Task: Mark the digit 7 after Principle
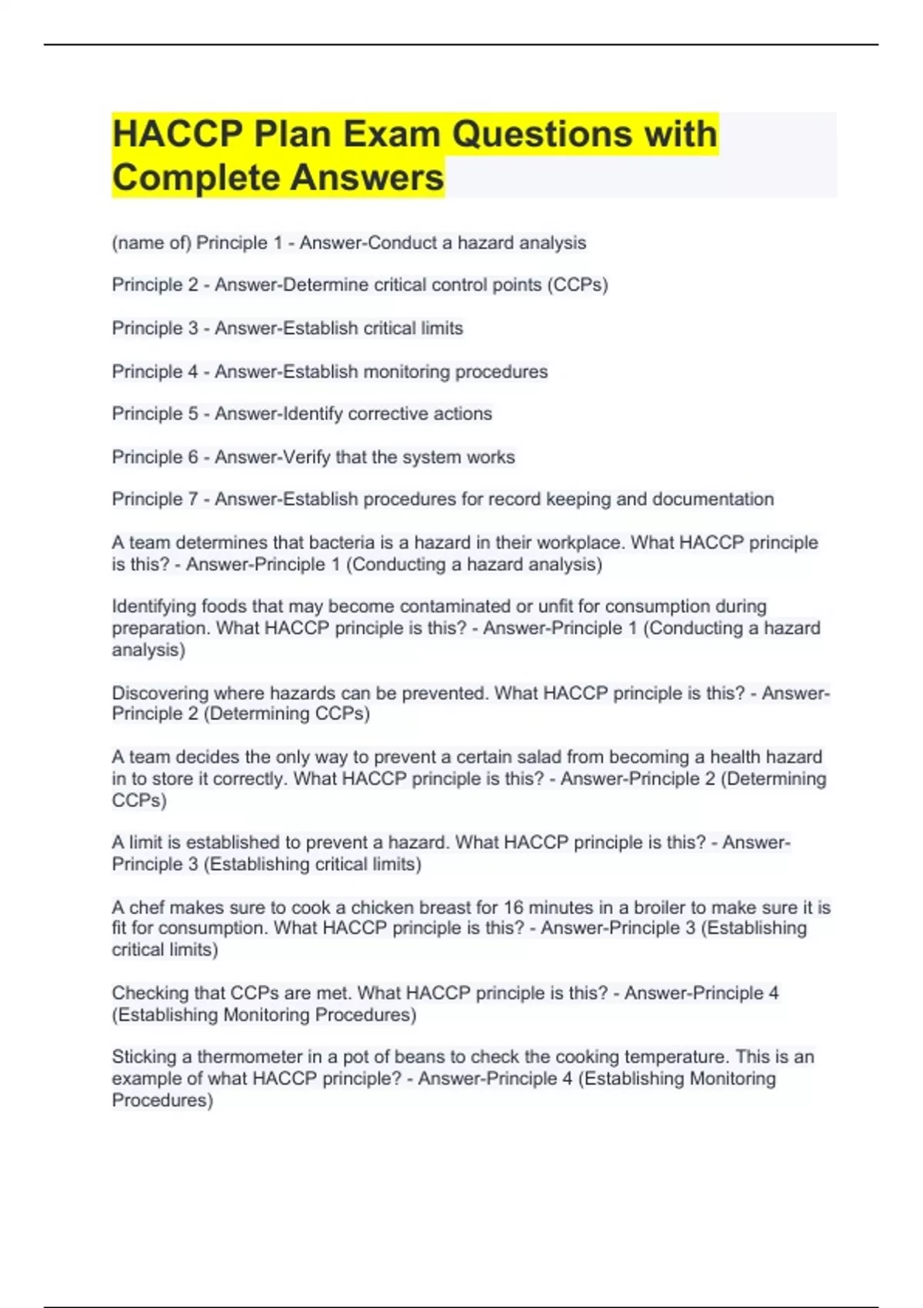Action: [x=193, y=499]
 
